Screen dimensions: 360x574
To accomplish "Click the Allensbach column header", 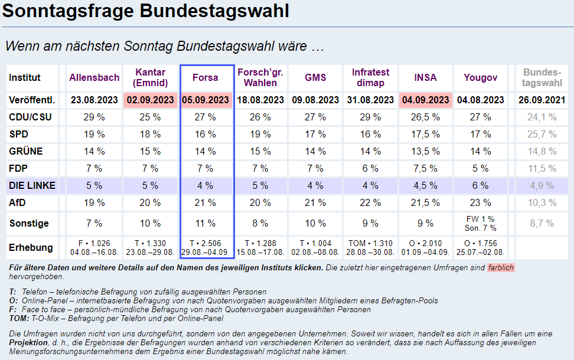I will click(x=94, y=77).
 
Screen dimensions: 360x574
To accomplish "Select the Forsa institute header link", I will click(x=206, y=77).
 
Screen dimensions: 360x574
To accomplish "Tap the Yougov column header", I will click(x=481, y=77).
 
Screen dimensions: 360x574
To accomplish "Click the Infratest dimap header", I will click(x=371, y=77).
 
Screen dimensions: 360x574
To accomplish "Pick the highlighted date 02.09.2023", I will click(x=151, y=100).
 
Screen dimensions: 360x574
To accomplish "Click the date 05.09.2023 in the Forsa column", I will click(x=206, y=100).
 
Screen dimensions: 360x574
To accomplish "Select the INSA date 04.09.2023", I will click(x=426, y=100).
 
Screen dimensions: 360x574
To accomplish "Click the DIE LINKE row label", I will click(x=32, y=185).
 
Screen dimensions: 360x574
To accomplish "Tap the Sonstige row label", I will click(x=29, y=224).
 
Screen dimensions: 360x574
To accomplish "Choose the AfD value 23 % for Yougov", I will click(x=481, y=202).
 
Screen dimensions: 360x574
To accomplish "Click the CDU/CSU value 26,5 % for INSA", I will click(x=426, y=117).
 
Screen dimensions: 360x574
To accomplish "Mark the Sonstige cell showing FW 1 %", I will click(x=481, y=219).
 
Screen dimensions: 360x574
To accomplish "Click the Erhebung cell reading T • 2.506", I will click(x=206, y=243).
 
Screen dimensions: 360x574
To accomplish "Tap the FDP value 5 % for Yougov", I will click(x=481, y=168).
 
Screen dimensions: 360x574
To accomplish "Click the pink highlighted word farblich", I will click(x=501, y=267).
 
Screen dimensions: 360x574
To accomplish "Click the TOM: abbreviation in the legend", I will click(x=19, y=318).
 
